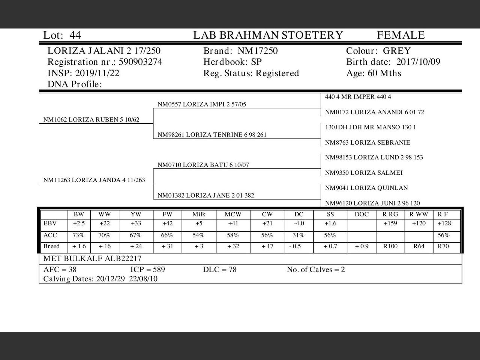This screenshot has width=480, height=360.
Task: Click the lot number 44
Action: [x=75, y=35]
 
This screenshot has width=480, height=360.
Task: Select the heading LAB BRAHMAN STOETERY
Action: [x=268, y=35]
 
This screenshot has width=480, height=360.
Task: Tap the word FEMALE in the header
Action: [x=400, y=35]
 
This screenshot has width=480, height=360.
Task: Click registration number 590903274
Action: [x=140, y=62]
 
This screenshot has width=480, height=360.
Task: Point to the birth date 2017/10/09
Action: [x=418, y=62]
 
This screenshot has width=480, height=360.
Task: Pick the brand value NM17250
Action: [x=258, y=51]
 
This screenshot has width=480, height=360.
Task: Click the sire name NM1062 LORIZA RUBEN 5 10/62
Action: [x=91, y=120]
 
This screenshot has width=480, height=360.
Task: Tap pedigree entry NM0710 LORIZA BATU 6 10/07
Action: [x=203, y=165]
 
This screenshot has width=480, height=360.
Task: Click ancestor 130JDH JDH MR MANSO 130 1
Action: [x=370, y=127]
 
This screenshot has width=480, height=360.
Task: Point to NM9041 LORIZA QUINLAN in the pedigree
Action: [x=366, y=188]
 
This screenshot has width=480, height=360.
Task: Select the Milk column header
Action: [x=199, y=214]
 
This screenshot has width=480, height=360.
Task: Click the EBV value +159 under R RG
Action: [x=390, y=223]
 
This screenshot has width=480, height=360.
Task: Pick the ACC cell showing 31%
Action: [x=298, y=235]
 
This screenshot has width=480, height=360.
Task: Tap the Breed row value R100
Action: [x=390, y=246]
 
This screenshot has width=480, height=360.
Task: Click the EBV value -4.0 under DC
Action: [x=298, y=223]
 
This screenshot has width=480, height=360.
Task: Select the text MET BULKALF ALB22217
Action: [x=92, y=258]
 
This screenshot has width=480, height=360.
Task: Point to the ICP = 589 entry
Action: [x=147, y=270]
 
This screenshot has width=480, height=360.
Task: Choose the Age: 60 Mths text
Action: [x=373, y=73]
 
